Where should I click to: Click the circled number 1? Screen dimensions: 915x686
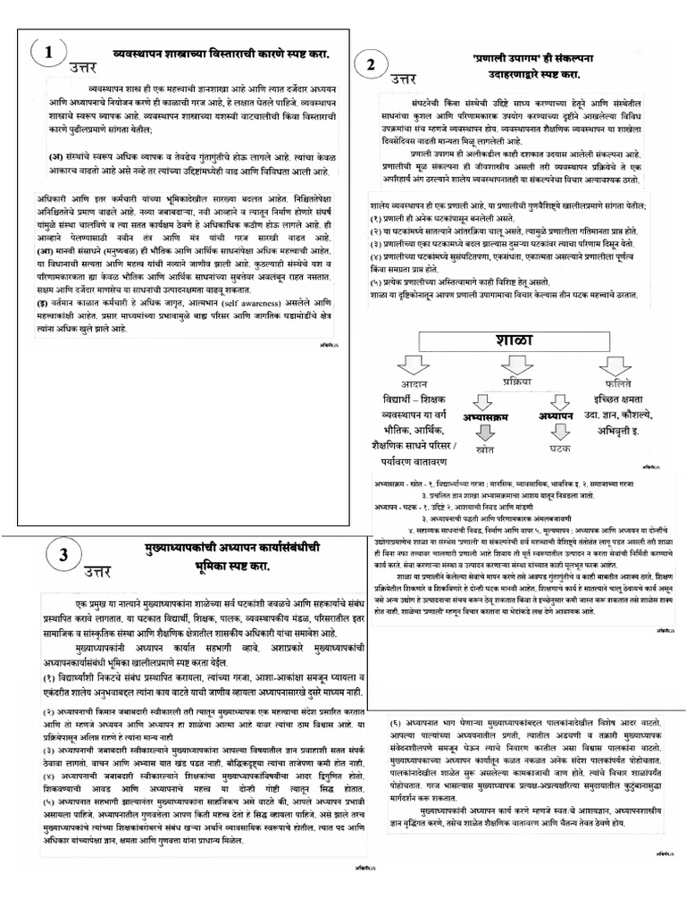(48, 55)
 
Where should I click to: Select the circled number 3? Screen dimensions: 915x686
(63, 555)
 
